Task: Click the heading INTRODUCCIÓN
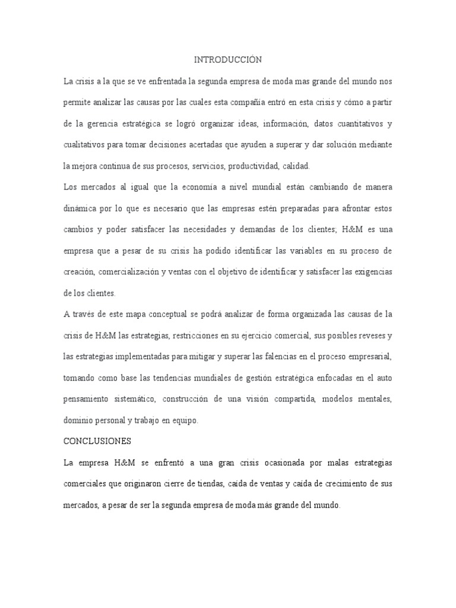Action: pos(228,59)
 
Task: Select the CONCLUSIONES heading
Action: pos(97,441)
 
